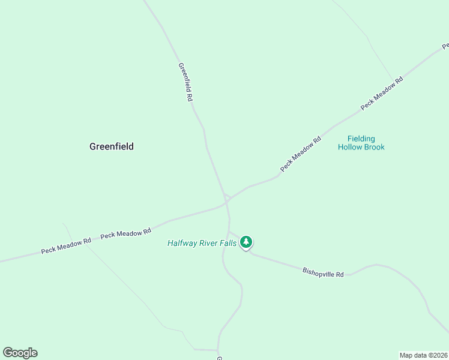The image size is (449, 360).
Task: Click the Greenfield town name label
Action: point(111,146)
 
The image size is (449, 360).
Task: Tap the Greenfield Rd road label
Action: point(185,82)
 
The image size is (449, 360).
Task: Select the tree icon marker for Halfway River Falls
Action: point(246,242)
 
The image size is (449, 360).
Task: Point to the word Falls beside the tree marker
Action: point(228,243)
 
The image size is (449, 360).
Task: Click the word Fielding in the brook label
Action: point(361,139)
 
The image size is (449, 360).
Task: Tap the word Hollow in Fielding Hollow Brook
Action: point(350,147)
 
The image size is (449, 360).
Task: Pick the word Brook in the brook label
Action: point(374,147)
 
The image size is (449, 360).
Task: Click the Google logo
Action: point(20,353)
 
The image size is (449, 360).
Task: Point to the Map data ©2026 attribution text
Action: point(423,355)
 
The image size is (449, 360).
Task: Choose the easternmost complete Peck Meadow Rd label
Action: point(381,93)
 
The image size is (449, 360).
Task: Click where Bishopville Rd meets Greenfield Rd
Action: point(229,232)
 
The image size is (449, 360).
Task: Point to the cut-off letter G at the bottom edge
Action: point(220,358)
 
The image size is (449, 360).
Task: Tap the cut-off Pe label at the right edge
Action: point(445,45)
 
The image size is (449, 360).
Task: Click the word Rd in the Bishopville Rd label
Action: point(339,275)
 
